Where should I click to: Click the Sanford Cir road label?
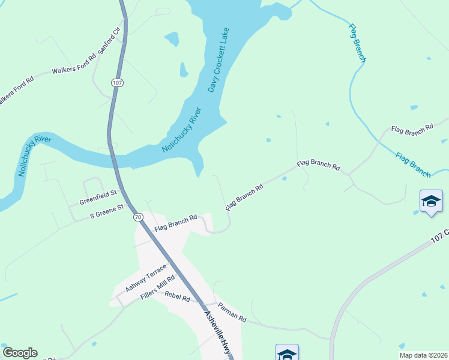pos(110,40)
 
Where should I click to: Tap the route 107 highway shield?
pos(116,82)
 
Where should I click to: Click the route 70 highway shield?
pos(138,216)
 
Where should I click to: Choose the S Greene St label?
pos(106,211)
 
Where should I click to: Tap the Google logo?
pos(20,353)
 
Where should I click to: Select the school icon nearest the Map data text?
pos(287,353)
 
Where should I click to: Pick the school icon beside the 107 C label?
pos(431,200)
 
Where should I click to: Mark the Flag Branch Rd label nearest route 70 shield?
pos(176,224)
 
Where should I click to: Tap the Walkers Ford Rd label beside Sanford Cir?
pos(74,65)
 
